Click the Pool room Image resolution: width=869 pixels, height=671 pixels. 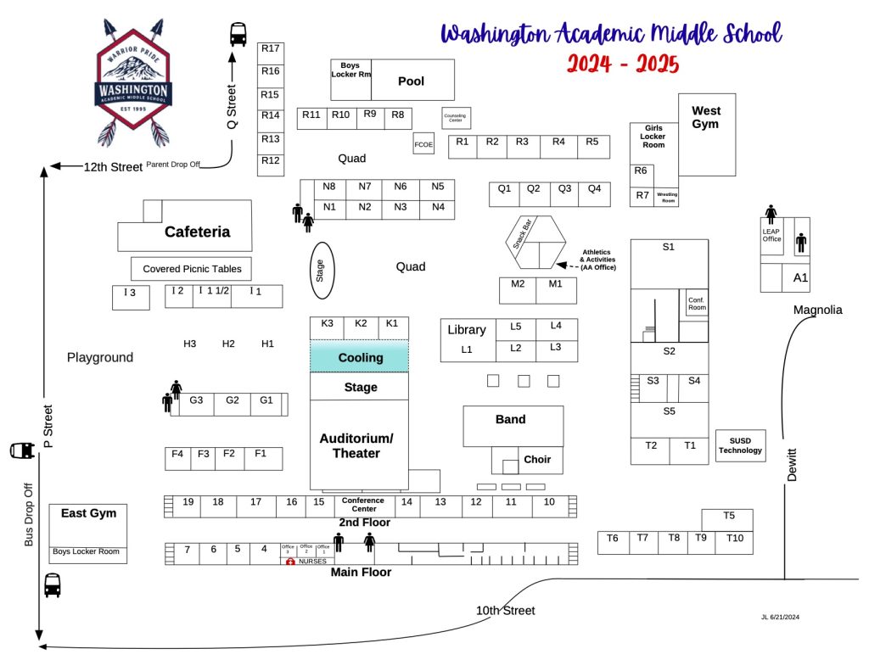412,81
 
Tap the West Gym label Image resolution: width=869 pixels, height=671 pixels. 705,117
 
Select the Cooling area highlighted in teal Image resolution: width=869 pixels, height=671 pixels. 359,357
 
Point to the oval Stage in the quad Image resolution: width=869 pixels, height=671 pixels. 321,270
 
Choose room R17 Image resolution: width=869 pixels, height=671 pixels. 271,48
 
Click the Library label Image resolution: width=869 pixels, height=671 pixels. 466,329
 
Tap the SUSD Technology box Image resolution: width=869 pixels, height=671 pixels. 740,445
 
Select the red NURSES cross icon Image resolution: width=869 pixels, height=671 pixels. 289,562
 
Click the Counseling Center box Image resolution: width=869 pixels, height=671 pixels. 456,118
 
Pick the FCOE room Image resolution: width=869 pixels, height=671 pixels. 423,144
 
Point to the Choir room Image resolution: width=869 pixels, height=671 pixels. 536,460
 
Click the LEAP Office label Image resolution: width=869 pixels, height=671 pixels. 771,235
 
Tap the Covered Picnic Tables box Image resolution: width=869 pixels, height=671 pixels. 192,269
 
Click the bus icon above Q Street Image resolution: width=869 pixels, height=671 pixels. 238,35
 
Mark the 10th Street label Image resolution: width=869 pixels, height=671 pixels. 505,611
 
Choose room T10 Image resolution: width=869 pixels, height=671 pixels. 734,538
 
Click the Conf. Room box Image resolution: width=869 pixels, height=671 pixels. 697,303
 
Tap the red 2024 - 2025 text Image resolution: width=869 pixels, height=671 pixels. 623,64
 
